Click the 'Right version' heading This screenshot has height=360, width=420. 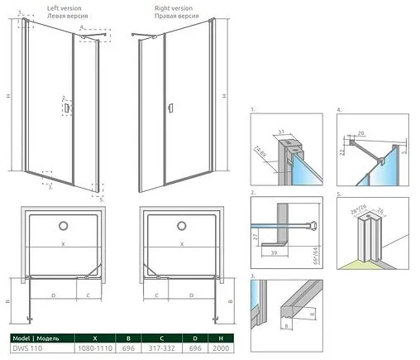(x=175, y=7)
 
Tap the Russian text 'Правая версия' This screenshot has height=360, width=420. (x=177, y=15)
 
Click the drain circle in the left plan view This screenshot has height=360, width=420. (x=63, y=226)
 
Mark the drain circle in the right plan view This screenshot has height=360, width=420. (x=178, y=226)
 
